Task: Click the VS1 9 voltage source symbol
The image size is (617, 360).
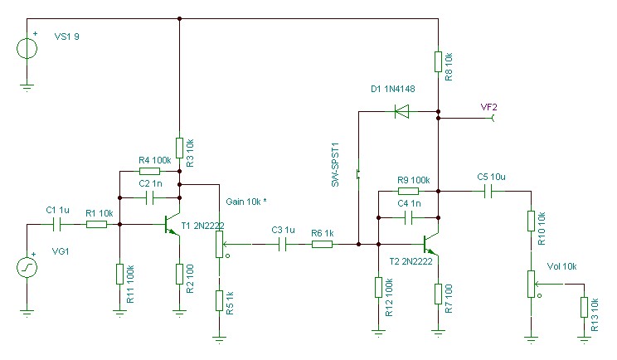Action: tap(27, 47)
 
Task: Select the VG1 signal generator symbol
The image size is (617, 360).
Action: tap(27, 267)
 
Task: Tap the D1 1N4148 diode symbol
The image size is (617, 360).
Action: tap(403, 110)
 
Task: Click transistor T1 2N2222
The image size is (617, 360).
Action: tap(172, 224)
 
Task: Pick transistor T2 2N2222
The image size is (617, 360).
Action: tap(431, 244)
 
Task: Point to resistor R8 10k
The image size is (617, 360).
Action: tap(438, 61)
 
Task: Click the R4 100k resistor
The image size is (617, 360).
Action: tap(150, 171)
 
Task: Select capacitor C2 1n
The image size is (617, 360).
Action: tap(150, 197)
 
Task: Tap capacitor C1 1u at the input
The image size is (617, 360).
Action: tap(59, 224)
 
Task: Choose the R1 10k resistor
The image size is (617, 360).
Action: tap(96, 224)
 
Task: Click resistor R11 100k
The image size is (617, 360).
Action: tap(119, 274)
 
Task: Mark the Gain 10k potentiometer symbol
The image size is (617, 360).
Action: tap(219, 244)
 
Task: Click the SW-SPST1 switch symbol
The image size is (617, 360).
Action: tap(358, 174)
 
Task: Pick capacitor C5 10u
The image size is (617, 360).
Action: tap(489, 191)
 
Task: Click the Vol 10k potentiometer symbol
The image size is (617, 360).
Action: tap(530, 283)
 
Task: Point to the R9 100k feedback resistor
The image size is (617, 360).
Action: tap(407, 191)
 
